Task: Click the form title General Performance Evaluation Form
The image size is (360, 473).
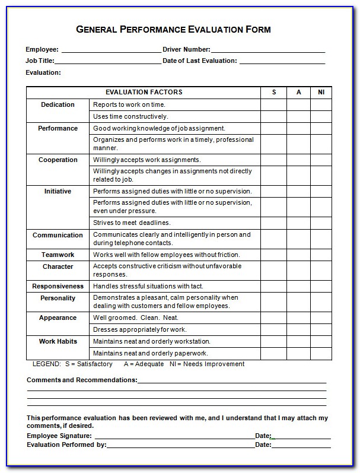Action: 174,30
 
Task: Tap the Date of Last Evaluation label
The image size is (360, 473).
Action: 199,61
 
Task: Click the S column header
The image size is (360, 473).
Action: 274,93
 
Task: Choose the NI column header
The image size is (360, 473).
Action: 321,93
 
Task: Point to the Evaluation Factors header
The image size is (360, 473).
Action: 144,93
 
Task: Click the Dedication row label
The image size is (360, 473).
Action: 58,105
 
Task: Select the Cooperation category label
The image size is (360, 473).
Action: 58,160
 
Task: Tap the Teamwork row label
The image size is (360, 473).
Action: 58,255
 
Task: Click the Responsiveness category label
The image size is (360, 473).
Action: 58,287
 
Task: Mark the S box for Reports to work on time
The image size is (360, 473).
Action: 274,105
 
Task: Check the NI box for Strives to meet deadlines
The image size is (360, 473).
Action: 321,223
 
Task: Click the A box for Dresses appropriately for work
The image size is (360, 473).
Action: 299,330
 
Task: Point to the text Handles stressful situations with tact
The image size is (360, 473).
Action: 149,287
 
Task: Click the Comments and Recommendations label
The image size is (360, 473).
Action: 82,380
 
